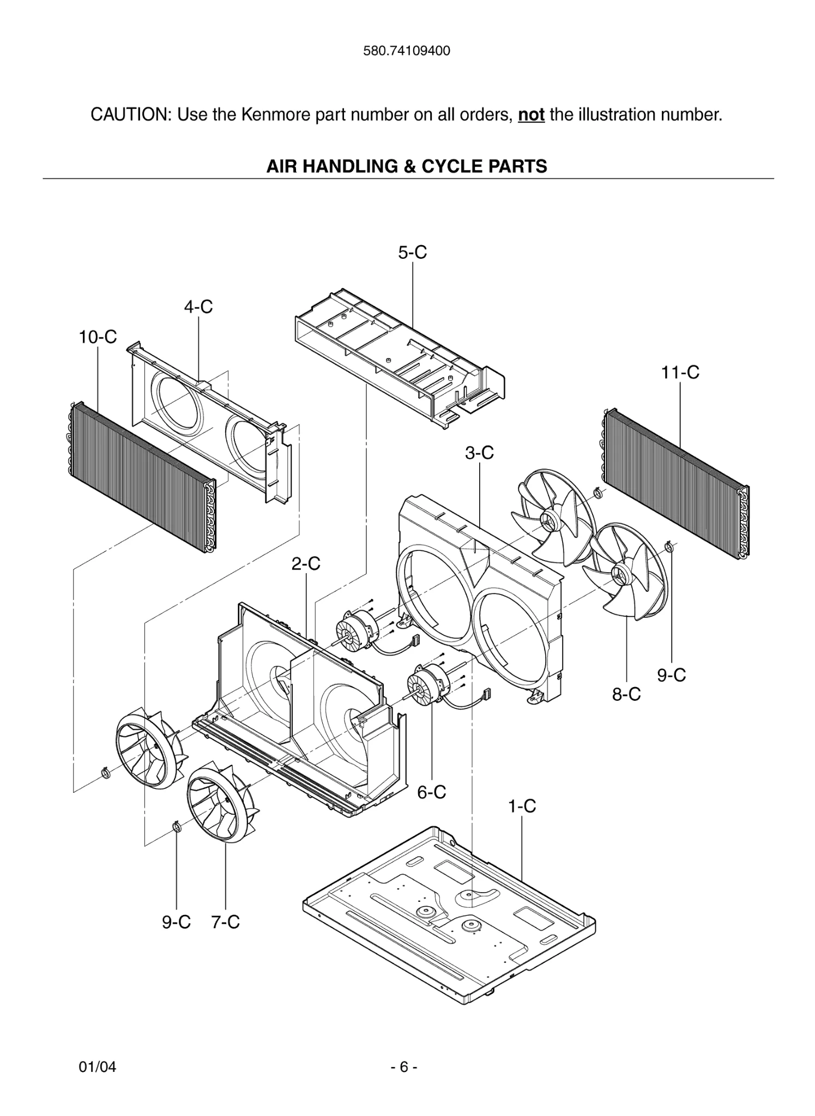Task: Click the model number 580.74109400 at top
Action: [407, 51]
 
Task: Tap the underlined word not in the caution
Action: [531, 116]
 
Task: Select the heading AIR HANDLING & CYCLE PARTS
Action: [407, 166]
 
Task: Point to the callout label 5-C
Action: [412, 253]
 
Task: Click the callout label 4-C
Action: [198, 307]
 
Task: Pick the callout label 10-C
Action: [98, 337]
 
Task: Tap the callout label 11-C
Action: [680, 373]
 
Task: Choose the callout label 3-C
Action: [479, 453]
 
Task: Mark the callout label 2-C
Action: [305, 564]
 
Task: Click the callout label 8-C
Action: [626, 694]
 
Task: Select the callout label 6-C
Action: [431, 792]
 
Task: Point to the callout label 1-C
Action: [522, 806]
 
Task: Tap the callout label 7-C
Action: [225, 922]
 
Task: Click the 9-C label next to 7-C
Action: [176, 922]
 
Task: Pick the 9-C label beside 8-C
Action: [671, 675]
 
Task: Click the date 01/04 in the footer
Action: [98, 1067]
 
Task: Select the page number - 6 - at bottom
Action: [404, 1067]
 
